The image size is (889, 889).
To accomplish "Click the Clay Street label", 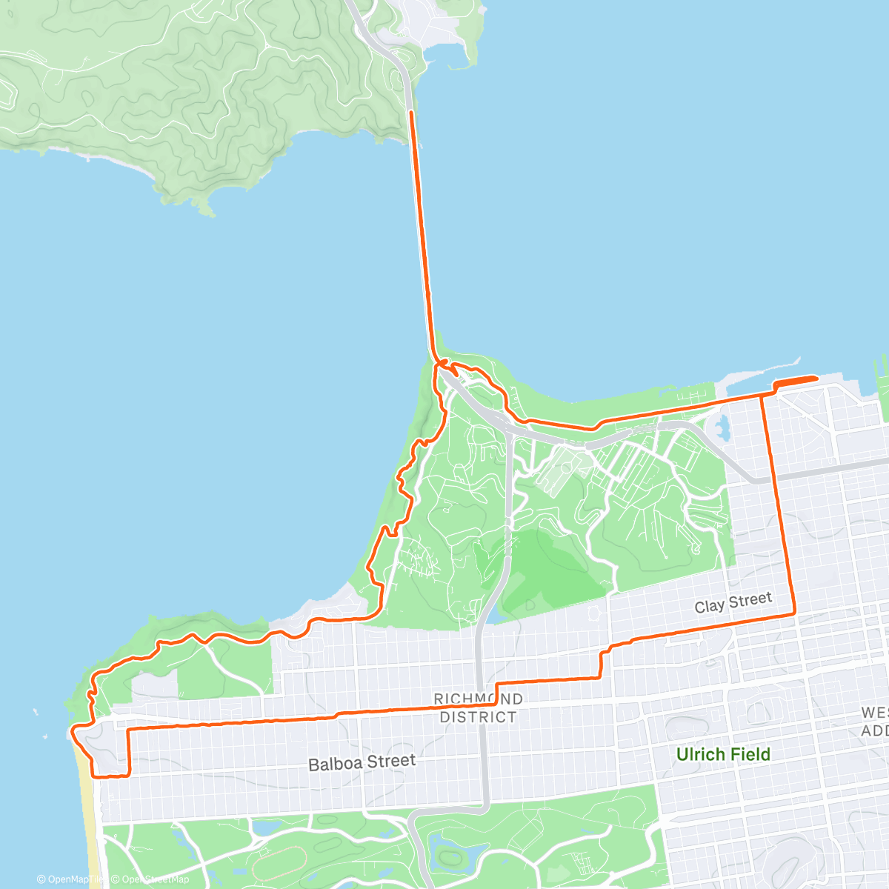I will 733,603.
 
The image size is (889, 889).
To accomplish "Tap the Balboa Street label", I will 362,762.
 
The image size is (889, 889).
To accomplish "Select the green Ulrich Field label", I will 723,754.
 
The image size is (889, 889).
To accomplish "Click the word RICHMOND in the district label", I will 478,699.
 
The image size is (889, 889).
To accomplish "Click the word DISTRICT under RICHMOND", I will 478,717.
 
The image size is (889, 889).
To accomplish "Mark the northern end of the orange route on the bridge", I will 412,111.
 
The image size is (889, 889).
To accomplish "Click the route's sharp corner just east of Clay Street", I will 794,613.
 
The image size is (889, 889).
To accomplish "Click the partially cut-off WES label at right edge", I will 874,713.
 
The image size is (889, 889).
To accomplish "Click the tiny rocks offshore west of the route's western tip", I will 36,713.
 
